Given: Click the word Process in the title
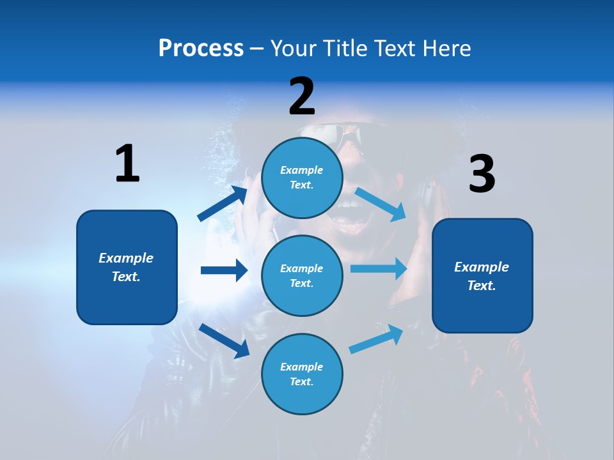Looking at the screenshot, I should click(201, 48).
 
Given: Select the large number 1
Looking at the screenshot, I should click(127, 164).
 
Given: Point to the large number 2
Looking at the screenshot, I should click(302, 96).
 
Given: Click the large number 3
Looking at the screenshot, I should click(482, 174).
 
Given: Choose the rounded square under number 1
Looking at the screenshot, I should click(127, 267).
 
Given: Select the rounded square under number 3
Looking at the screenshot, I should click(482, 276).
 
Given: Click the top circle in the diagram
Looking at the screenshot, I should click(302, 178).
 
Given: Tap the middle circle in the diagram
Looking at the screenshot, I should click(302, 275).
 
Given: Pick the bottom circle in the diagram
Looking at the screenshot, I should click(302, 374).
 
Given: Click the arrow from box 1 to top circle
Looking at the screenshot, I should click(223, 204).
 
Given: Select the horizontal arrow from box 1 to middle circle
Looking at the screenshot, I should click(224, 270).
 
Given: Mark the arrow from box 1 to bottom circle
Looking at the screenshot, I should click(224, 340).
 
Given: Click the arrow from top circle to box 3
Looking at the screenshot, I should click(380, 204).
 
